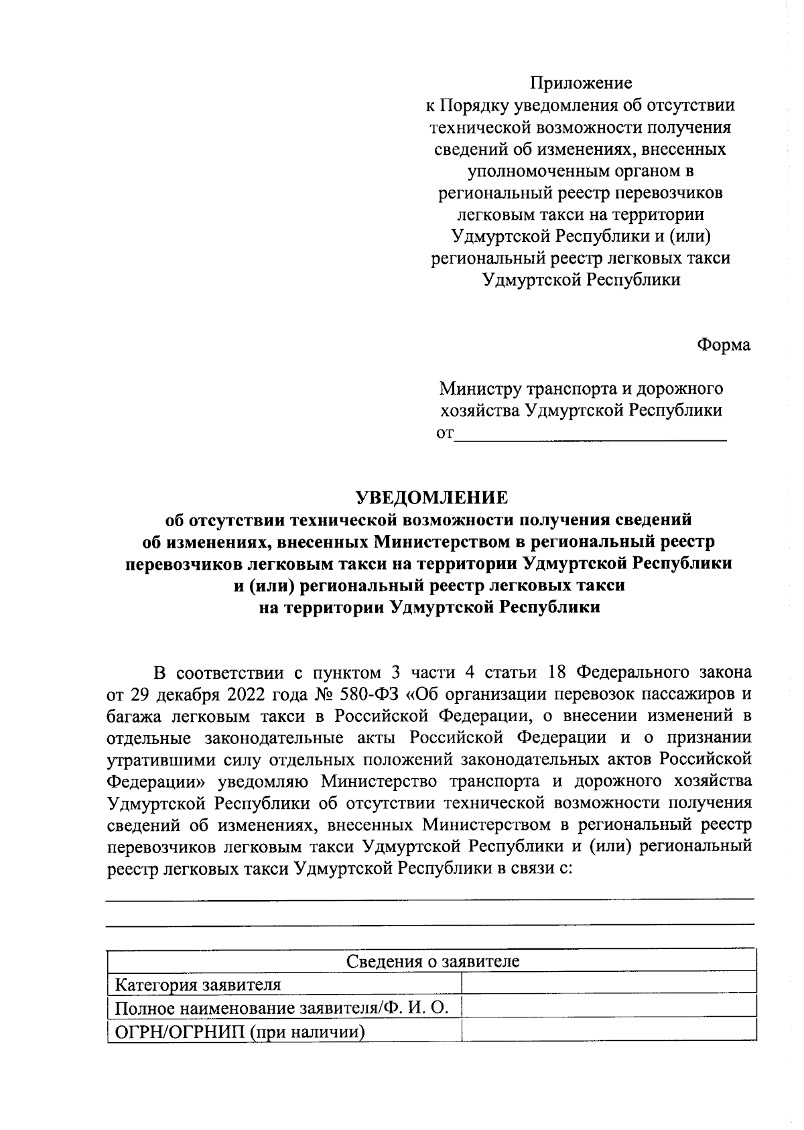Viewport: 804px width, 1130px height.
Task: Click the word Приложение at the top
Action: coord(581,83)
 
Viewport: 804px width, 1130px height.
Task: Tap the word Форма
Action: coord(724,345)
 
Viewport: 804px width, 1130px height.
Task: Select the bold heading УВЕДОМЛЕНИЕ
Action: coord(431,497)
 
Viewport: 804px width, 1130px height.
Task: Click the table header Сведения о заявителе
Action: coord(432,962)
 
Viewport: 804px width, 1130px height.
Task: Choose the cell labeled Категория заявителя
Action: coord(198,985)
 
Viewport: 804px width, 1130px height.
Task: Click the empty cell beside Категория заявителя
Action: coord(608,984)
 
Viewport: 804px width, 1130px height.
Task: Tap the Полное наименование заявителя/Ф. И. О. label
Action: coord(281,1007)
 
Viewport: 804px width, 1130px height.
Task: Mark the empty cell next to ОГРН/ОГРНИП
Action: coord(608,1030)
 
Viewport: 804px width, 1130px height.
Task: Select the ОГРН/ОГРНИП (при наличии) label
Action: coord(240,1031)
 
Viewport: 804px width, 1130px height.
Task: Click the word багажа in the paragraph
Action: coord(135,716)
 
